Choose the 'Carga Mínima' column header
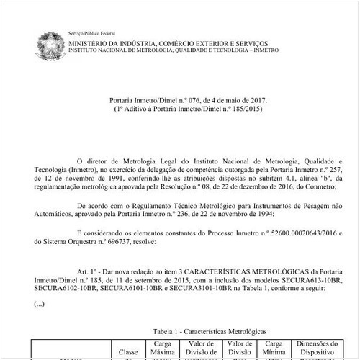274,348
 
